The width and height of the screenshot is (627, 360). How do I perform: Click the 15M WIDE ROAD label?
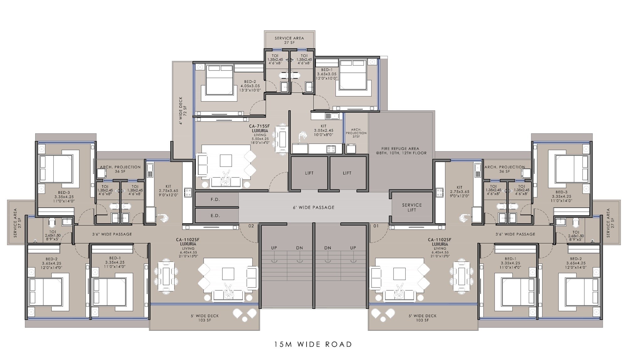click(x=313, y=344)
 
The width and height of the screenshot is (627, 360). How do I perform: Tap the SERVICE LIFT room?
click(x=412, y=207)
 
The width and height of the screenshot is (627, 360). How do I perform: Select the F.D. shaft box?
click(x=215, y=199)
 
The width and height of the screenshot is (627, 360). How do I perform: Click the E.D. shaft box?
click(x=215, y=216)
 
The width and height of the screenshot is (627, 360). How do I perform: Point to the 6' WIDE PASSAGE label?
click(x=313, y=207)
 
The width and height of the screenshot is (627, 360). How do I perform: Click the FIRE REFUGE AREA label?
click(x=401, y=151)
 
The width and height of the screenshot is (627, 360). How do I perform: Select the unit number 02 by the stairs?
click(x=251, y=226)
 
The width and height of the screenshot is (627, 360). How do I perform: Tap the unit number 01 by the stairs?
click(x=376, y=226)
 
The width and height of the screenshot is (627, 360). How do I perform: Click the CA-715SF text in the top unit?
click(x=259, y=126)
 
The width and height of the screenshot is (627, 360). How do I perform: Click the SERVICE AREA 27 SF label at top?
click(x=289, y=40)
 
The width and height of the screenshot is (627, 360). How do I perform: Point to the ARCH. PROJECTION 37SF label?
click(x=356, y=133)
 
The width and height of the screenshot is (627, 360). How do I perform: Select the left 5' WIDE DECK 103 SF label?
click(x=205, y=318)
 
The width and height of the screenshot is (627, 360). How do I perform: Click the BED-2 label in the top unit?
click(x=250, y=82)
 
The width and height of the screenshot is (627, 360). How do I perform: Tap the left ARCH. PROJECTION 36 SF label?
click(x=120, y=169)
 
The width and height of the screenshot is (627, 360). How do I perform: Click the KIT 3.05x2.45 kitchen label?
click(x=323, y=130)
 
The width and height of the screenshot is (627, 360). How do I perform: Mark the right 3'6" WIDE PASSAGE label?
click(x=515, y=234)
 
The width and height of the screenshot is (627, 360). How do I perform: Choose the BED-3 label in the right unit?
click(x=561, y=192)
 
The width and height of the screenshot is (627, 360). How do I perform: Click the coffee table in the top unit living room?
click(x=226, y=161)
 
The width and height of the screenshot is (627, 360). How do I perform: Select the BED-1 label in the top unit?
click(x=326, y=70)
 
